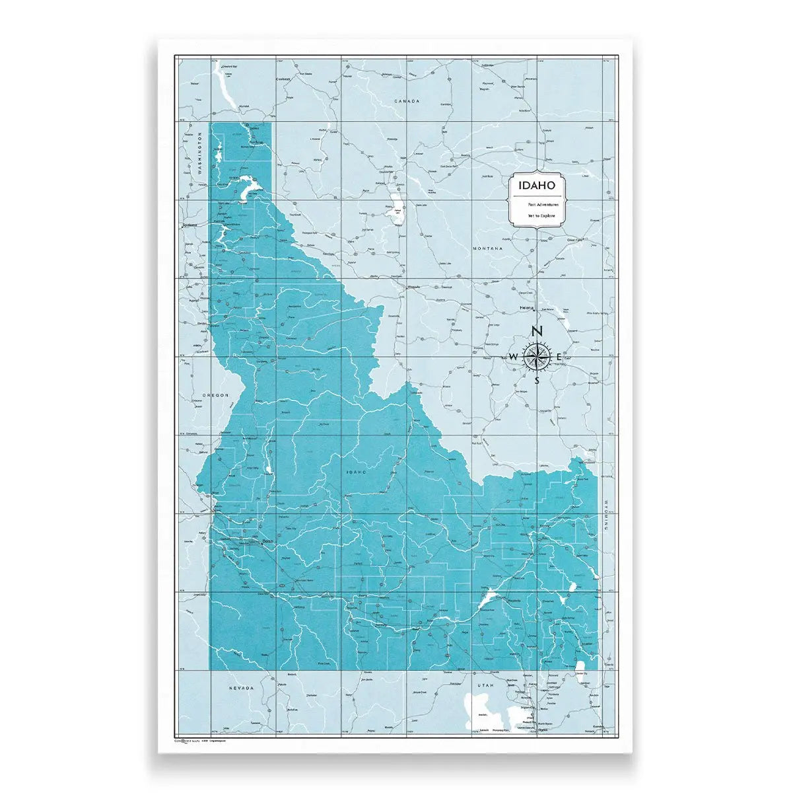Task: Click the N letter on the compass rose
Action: tap(537, 332)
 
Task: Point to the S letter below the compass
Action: tap(537, 381)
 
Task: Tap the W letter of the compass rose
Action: tap(514, 358)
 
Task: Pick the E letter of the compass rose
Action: tap(559, 358)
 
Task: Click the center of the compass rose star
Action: tap(537, 357)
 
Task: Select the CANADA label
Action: tap(407, 101)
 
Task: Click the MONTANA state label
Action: tap(487, 248)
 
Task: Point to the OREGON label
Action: tap(215, 395)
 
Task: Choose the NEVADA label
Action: tap(241, 688)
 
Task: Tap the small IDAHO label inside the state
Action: tap(355, 472)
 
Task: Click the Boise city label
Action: tap(267, 542)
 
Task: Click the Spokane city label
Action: tap(191, 225)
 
